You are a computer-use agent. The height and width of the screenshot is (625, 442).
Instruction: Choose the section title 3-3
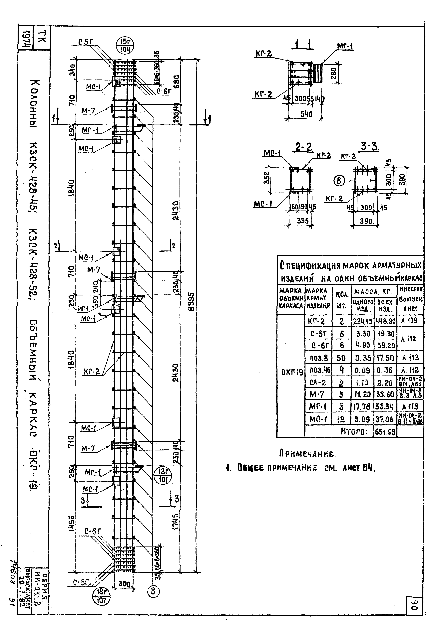[370, 147]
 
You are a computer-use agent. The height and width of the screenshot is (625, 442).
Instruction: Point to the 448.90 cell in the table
[385, 321]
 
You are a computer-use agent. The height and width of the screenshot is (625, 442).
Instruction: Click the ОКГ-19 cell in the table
[291, 372]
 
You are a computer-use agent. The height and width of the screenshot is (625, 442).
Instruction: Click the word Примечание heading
[308, 454]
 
